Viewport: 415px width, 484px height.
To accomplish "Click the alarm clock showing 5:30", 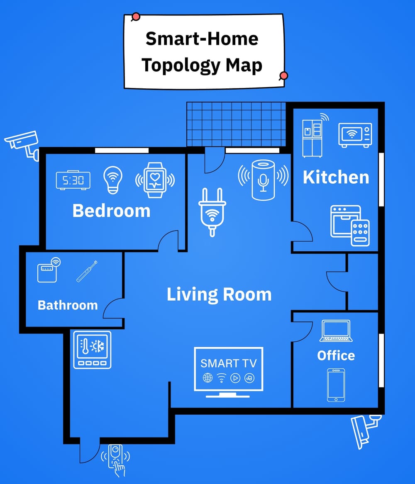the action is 73,180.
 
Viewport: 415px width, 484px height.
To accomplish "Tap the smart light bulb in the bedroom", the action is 113,180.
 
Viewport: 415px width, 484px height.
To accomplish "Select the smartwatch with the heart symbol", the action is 155,180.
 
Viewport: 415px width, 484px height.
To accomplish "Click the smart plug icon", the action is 212,212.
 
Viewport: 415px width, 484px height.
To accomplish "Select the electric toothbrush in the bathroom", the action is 87,271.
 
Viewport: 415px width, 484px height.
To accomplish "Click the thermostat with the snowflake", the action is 92,350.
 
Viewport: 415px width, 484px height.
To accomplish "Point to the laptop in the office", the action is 336,331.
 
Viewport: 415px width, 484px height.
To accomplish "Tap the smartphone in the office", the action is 336,385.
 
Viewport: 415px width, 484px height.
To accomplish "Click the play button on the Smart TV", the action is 235,378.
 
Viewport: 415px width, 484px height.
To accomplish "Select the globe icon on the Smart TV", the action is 207,377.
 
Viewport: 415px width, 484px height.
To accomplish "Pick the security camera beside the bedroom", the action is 22,145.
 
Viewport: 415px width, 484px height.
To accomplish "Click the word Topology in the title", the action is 181,65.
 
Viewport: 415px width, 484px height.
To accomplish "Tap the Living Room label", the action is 219,294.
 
